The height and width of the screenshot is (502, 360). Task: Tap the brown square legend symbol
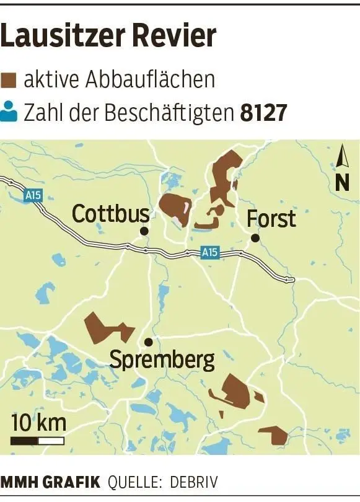9,80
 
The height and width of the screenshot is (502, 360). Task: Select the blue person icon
9,113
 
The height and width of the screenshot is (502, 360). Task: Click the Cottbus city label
110,214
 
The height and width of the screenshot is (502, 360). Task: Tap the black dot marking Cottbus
144,231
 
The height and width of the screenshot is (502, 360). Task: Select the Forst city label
271,219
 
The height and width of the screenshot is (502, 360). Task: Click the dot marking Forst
255,238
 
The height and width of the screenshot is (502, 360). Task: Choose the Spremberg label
162,359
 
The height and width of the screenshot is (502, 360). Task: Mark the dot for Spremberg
148,341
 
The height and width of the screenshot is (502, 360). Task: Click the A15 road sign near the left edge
33,195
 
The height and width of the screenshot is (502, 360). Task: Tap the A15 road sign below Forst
210,252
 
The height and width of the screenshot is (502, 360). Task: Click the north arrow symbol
342,157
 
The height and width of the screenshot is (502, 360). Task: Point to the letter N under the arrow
342,183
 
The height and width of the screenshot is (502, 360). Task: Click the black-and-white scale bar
38,441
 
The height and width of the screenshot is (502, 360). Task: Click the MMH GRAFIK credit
50,482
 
